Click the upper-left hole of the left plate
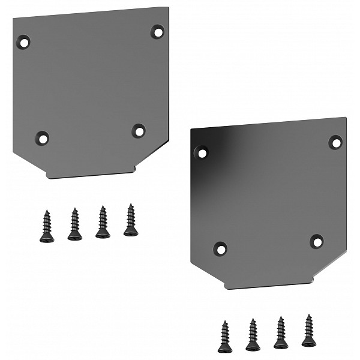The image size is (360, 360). point(23,43)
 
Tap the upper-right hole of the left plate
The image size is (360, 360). point(157,31)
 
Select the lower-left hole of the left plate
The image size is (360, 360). point(42,138)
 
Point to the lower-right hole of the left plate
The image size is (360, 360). point(139,130)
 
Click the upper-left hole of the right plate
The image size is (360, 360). point(202,152)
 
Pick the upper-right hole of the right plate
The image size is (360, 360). point(335,142)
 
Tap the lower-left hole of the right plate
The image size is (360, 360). point(221,248)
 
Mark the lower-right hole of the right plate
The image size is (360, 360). point(317,241)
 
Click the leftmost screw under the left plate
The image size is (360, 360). point(47,227)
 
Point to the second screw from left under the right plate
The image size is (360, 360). point(253,335)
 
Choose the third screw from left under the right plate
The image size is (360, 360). point(280,333)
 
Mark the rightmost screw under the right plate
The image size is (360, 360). point(308,331)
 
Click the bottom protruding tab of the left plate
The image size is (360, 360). point(90,173)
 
